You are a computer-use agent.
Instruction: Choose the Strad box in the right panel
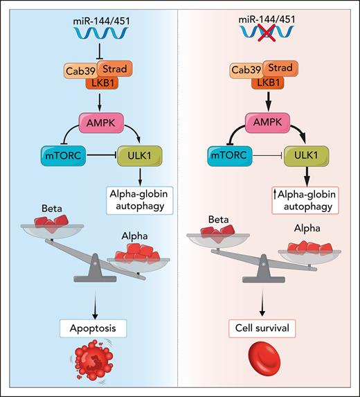[x=285, y=69]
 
